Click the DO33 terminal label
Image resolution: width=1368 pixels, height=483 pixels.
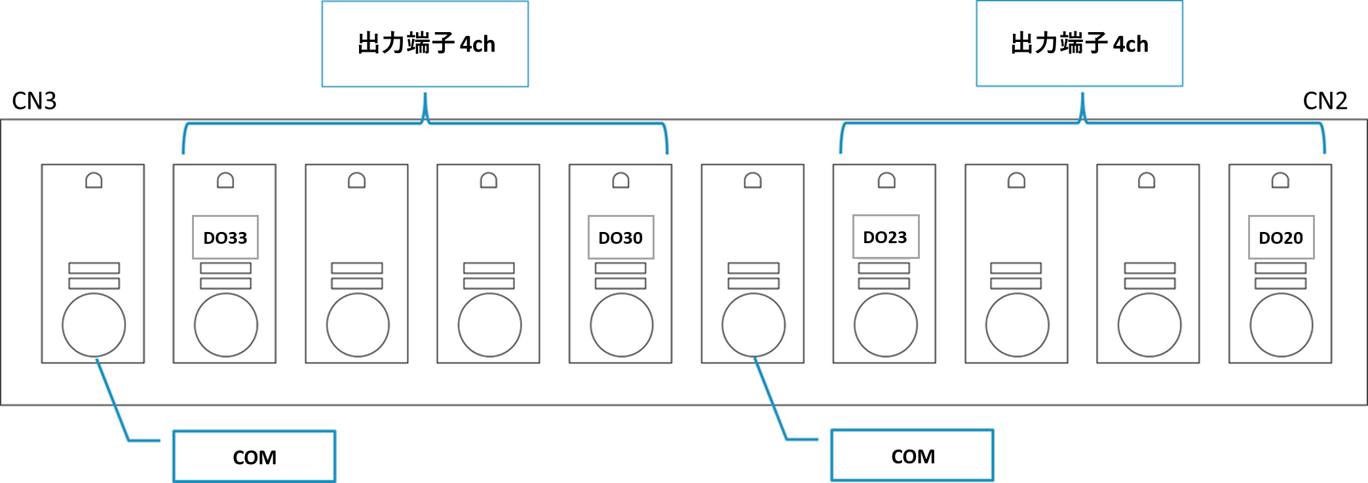coord(225,237)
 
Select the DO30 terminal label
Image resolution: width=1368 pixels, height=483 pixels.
coord(620,237)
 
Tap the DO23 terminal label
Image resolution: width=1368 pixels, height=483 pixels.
coord(885,237)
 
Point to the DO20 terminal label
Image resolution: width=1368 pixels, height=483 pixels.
coord(1281,237)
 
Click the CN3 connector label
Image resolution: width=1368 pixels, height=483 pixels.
coord(34,101)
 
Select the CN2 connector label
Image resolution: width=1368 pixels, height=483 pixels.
coord(1325,101)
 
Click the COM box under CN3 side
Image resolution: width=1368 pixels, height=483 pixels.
coord(254,457)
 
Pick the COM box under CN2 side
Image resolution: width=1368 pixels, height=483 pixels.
coord(913,456)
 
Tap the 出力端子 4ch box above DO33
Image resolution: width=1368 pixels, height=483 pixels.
coord(425,44)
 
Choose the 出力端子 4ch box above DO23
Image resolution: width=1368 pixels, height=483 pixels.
coord(1079,44)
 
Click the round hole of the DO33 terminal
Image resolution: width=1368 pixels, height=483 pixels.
coord(226,325)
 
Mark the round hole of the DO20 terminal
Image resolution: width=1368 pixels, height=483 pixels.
coord(1282,325)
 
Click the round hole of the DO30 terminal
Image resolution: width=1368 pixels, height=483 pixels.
coord(622,325)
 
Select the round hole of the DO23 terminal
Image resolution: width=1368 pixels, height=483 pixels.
coord(886,325)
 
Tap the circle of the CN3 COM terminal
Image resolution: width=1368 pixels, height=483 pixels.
coord(94,325)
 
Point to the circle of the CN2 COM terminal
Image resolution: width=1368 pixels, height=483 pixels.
coord(753,325)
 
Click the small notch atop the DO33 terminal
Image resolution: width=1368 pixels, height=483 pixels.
coord(225,180)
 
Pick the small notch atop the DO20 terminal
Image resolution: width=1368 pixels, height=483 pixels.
coord(1280,180)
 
